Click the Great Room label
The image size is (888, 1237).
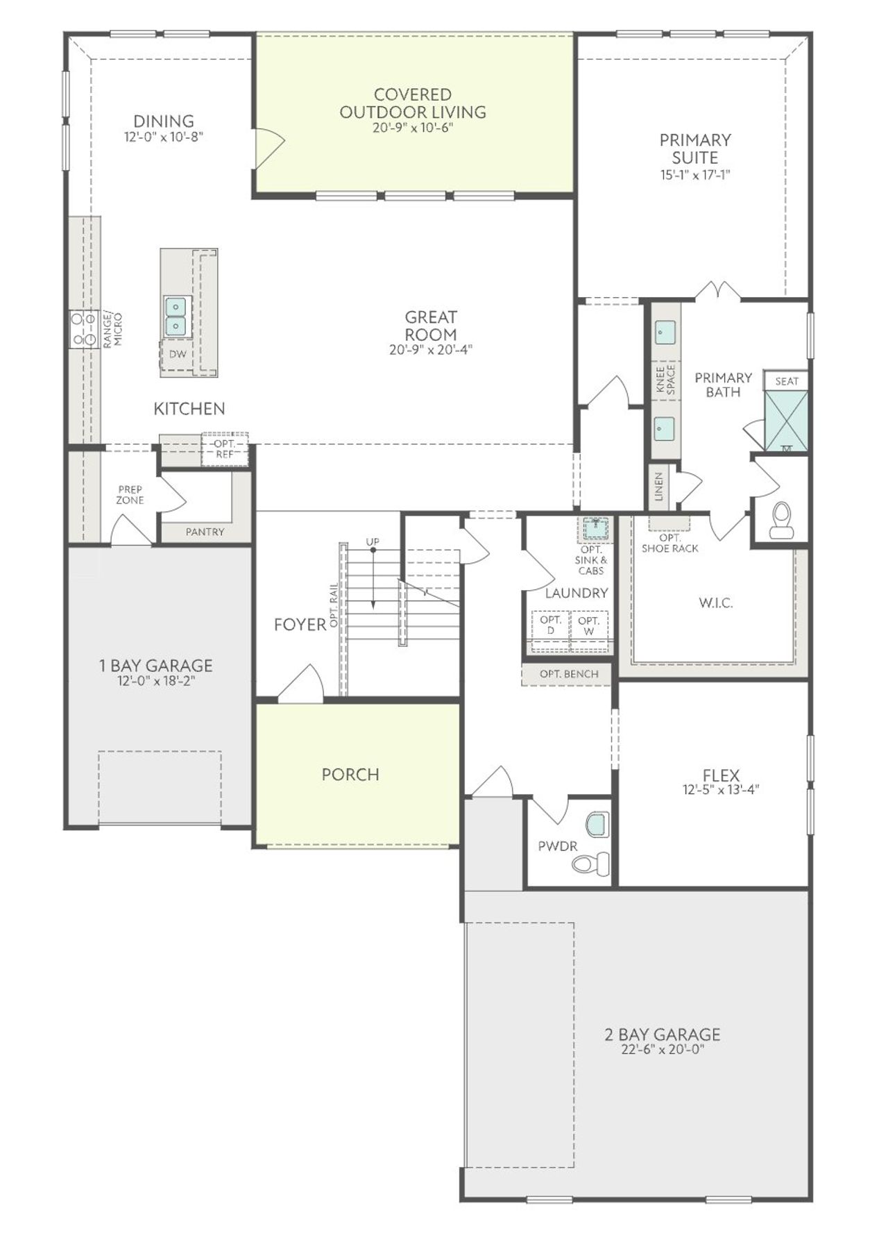pos(431,326)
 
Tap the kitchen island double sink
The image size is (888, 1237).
pos(176,316)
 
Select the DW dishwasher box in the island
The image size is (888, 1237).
pos(178,354)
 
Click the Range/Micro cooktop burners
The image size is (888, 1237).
pos(83,330)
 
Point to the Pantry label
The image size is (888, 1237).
pos(205,532)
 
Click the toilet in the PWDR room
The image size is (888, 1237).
pos(590,864)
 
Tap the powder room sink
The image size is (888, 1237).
pos(596,825)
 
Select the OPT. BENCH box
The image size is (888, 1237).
pos(569,674)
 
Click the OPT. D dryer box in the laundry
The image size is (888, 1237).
pos(551,625)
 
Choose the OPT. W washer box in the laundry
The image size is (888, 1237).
pos(589,625)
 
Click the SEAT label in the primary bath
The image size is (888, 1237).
pos(787,381)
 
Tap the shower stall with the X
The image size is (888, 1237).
pos(786,421)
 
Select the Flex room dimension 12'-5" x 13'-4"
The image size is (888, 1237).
pos(721,789)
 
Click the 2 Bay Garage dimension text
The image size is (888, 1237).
pos(663,1050)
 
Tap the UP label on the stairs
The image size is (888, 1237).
pos(373,541)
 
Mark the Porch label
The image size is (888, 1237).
pos(350,775)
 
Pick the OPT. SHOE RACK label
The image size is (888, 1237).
pos(669,543)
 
